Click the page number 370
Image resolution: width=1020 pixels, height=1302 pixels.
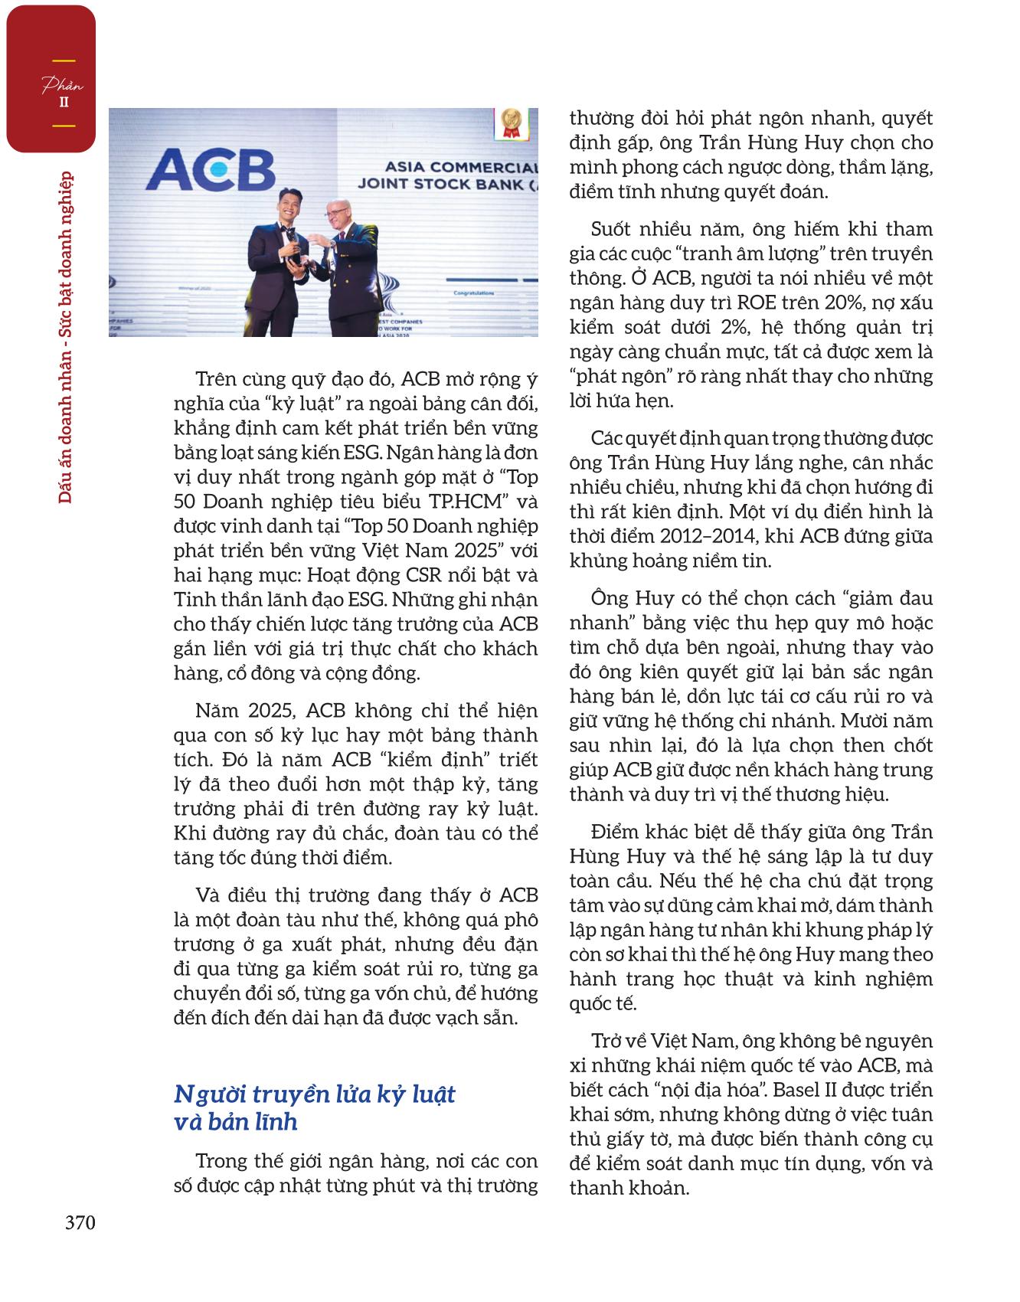pos(80,1222)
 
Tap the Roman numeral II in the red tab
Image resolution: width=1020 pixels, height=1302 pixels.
pos(64,103)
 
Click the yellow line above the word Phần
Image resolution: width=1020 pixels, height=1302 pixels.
pos(64,61)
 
